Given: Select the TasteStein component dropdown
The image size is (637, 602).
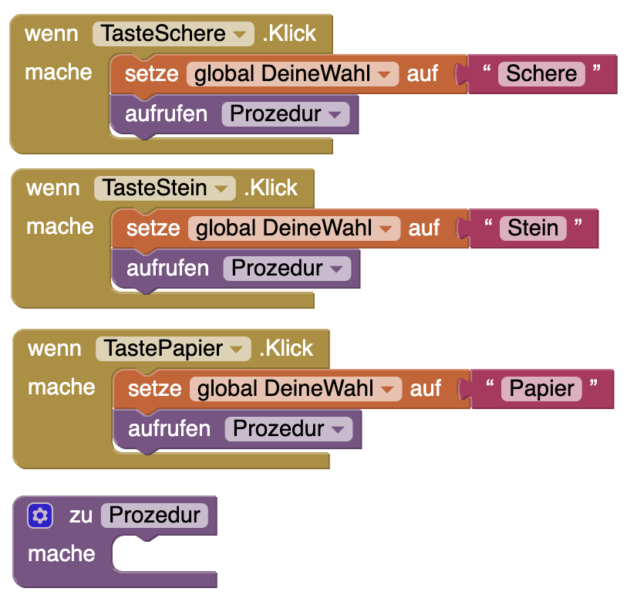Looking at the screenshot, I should [164, 188].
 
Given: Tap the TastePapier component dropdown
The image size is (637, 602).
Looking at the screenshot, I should [174, 349].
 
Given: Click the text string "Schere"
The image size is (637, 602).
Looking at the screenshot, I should [541, 74].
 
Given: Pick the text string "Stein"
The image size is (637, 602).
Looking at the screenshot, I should [533, 228].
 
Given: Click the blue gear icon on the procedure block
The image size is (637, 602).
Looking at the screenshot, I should [40, 516].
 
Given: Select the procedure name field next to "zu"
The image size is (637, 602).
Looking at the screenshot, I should [154, 516].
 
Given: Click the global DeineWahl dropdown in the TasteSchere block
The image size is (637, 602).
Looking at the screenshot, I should [292, 74].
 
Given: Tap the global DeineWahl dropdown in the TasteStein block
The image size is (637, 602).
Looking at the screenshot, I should [294, 228].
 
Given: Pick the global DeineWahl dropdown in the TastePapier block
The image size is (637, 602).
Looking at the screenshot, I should [295, 389].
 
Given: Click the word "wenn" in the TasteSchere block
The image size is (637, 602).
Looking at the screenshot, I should [52, 34].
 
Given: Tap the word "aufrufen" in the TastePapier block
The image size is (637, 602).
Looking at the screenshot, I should [168, 429].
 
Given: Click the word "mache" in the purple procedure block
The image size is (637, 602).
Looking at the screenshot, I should [62, 554].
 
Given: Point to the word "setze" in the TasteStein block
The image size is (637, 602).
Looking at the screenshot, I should [153, 228].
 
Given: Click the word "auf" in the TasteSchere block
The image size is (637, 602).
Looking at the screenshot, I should [423, 74].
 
